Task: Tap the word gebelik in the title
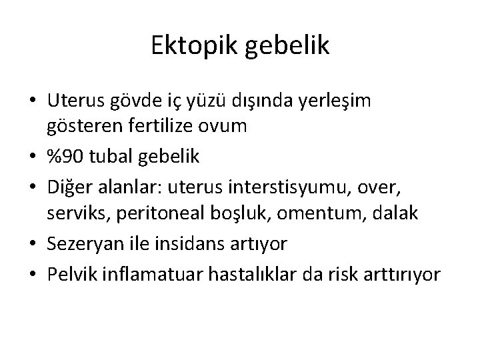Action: coord(287,46)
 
